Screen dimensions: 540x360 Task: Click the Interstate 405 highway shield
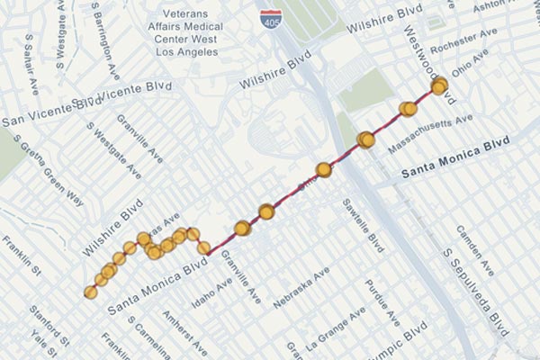pos(268,16)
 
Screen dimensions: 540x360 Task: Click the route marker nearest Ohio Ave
pos(439,87)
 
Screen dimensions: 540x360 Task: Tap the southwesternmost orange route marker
pos(90,292)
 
